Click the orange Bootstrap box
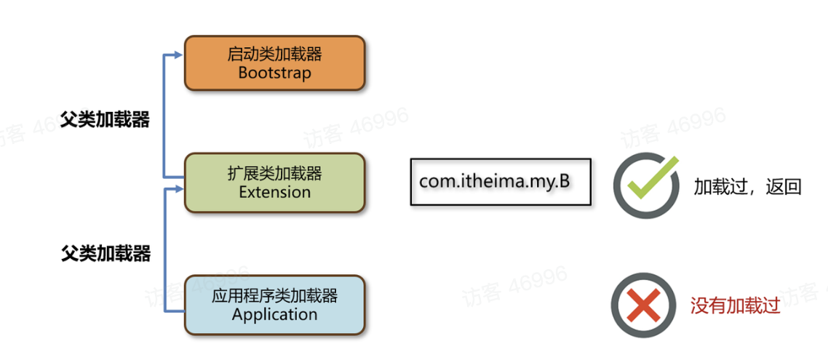[x=274, y=63]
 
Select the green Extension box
[x=274, y=183]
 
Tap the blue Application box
[x=274, y=305]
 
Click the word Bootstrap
[x=274, y=73]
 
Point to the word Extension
[x=274, y=193]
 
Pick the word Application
[x=274, y=315]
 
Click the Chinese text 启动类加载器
[x=274, y=54]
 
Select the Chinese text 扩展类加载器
[x=274, y=174]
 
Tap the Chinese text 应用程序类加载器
[x=274, y=296]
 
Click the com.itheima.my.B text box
[x=501, y=182]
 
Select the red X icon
[x=643, y=305]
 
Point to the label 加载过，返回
[x=747, y=187]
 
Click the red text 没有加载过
[x=735, y=305]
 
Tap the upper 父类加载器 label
[x=106, y=120]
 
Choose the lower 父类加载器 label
[x=106, y=253]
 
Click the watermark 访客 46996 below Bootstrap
[x=357, y=128]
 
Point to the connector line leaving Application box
[x=175, y=311]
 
